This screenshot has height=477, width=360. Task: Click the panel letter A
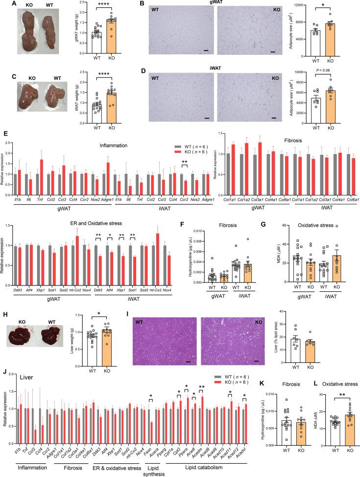[x=5, y=4]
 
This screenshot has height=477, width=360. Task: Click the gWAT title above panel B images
[x=210, y=4]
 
